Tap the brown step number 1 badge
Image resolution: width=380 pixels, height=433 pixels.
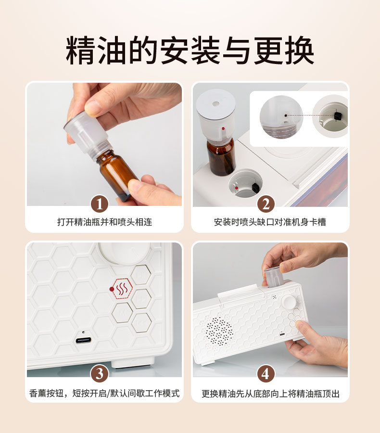click(100, 204)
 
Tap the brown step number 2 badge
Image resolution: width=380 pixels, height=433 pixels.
click(266, 204)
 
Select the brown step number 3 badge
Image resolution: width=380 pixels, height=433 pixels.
click(100, 373)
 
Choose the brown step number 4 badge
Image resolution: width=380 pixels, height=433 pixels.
click(266, 373)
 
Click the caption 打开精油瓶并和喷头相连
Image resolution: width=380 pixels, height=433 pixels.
click(104, 222)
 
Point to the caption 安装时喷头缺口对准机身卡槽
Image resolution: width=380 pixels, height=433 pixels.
click(270, 222)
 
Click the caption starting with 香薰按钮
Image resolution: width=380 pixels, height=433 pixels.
click(104, 393)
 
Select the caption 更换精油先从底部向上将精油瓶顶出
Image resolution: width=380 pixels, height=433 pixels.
click(270, 394)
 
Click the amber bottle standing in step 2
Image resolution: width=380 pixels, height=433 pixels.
click(221, 156)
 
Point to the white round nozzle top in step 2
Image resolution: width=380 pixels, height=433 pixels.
click(215, 104)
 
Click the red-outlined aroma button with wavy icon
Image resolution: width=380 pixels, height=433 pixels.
click(122, 289)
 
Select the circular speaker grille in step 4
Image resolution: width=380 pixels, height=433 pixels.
click(219, 331)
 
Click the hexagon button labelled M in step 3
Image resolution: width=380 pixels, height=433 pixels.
click(122, 313)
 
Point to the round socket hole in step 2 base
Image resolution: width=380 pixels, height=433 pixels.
click(245, 184)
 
